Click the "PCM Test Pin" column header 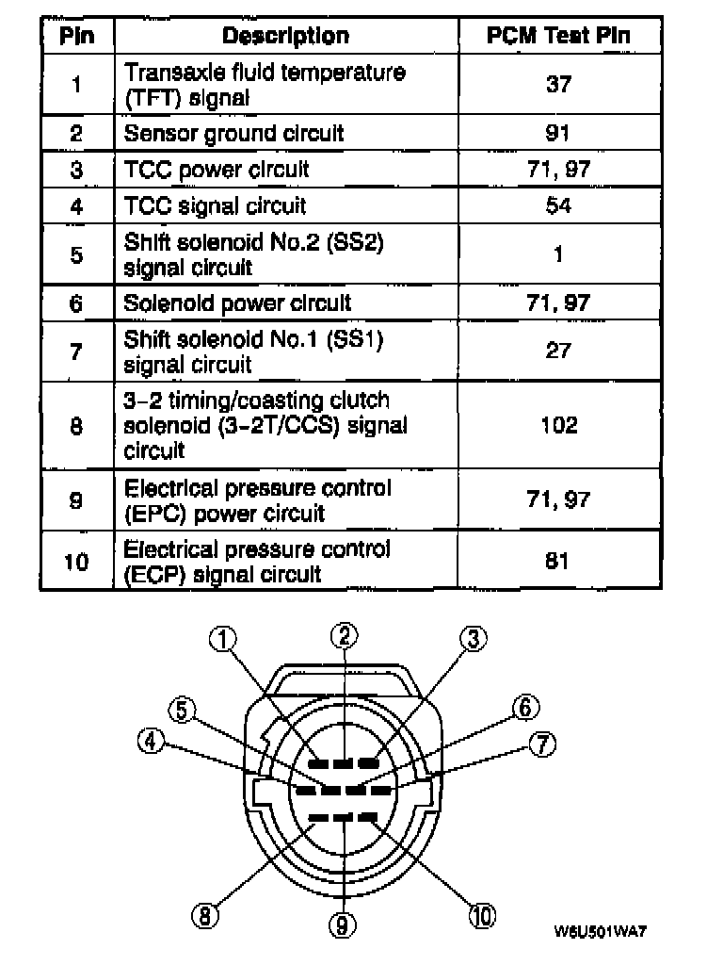558,37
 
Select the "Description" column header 285,37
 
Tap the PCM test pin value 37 558,85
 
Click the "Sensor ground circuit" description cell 233,133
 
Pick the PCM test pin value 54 558,205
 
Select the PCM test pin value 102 558,425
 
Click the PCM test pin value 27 558,352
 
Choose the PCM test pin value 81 558,562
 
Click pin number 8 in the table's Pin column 76,425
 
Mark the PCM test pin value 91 558,133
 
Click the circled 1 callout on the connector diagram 222,640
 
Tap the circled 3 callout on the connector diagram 474,639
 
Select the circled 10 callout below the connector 482,915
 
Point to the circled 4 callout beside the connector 149,742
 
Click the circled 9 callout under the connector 343,927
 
